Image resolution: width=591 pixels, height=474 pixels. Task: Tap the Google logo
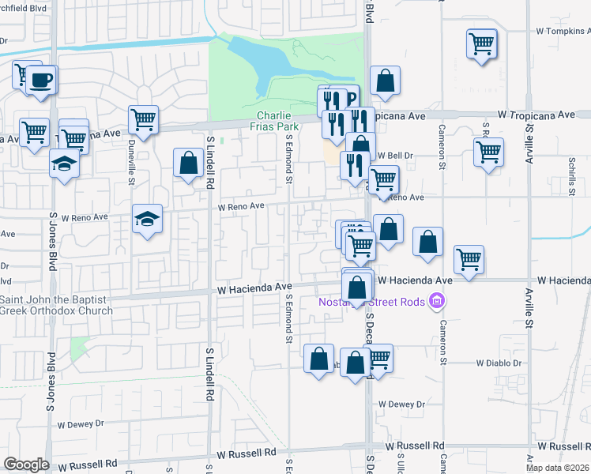click(x=26, y=465)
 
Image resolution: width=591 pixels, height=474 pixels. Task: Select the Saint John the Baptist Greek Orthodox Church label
click(x=57, y=304)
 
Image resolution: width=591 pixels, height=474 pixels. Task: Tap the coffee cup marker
click(x=42, y=81)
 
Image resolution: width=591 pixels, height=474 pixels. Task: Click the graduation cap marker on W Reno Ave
click(x=147, y=219)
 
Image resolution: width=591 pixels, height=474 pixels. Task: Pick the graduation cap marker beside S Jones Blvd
click(x=64, y=164)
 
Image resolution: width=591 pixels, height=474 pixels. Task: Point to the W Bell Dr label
click(x=395, y=156)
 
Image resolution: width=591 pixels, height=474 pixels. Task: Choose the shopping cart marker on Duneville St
click(x=143, y=120)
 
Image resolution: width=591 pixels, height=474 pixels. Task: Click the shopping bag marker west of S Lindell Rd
click(x=189, y=164)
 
